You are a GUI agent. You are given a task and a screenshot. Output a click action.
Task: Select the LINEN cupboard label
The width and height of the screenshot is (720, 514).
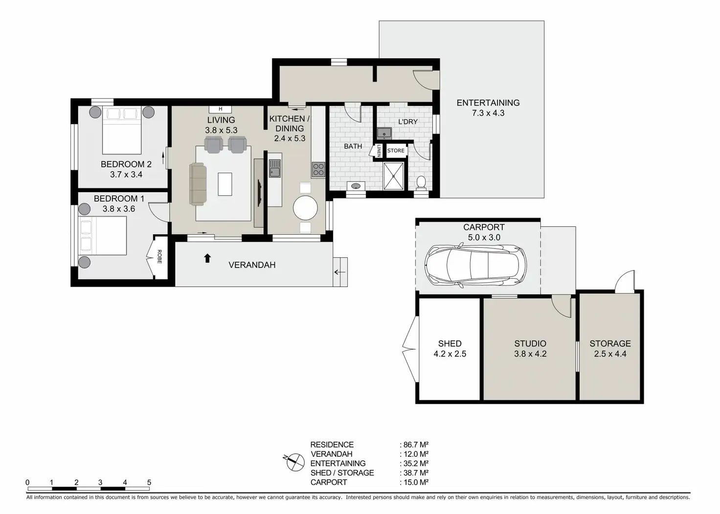click(379, 151)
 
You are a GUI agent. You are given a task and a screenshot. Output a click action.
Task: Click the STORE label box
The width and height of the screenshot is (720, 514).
click(396, 151)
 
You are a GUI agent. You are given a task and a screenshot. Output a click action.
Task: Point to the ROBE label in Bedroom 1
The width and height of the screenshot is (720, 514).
click(159, 257)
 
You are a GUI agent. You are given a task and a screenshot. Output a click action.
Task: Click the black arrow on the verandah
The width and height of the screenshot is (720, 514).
click(207, 258)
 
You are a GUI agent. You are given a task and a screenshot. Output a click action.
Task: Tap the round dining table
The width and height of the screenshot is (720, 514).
click(305, 208)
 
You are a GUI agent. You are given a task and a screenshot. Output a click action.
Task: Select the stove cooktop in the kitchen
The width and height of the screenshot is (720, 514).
click(318, 169)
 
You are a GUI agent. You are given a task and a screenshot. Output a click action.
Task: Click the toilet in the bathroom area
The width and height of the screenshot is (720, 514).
click(421, 182)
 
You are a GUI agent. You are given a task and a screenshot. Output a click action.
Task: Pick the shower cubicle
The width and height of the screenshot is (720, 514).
click(394, 176)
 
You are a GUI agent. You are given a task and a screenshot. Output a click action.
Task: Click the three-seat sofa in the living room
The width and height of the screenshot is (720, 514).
click(198, 184)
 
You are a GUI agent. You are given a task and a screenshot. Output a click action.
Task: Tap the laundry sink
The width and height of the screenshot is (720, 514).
click(384, 133)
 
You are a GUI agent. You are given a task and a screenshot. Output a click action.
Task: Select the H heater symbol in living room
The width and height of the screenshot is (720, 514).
click(221, 109)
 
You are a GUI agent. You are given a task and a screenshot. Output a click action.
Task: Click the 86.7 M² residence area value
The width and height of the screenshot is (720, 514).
click(416, 445)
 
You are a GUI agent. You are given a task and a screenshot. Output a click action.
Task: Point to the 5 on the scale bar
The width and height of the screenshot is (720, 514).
click(149, 483)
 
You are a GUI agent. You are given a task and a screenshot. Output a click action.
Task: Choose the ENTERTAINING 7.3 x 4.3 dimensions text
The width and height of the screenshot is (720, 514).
click(488, 113)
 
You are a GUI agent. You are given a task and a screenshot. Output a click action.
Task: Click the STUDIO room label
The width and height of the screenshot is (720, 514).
click(530, 343)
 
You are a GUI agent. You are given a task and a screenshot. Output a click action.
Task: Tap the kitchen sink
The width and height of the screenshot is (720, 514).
click(274, 168)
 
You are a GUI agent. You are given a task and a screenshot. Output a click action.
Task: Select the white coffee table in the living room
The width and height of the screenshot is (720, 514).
click(225, 184)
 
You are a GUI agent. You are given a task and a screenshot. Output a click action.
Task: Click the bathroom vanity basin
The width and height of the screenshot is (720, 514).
click(356, 186)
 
